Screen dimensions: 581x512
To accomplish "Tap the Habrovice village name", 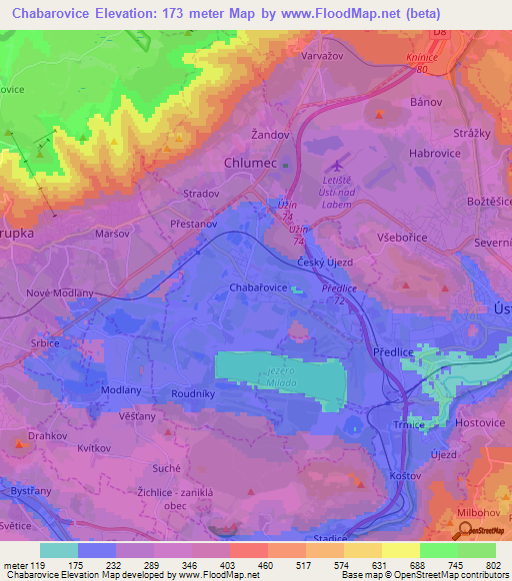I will tap(435, 154).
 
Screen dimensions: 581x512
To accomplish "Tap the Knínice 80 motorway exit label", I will tap(424, 65).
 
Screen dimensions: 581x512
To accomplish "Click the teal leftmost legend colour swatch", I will tap(59, 550).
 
